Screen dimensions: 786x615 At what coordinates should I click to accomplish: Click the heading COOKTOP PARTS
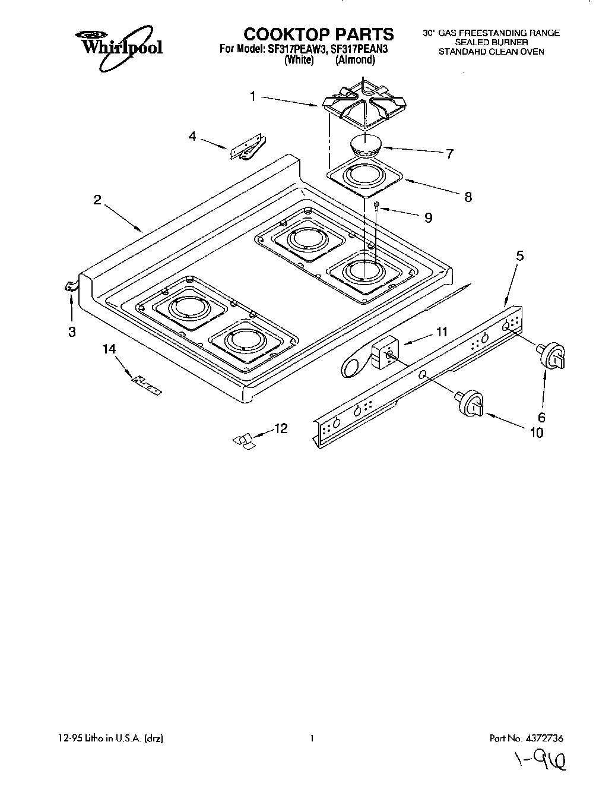318,34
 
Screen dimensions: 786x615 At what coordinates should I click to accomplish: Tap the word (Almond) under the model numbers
355,59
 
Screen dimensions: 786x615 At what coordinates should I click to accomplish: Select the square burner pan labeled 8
364,178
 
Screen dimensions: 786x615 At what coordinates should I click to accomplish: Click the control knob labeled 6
551,356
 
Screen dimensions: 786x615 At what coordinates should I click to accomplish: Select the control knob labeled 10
470,403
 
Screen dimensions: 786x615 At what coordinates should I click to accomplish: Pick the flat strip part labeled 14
145,384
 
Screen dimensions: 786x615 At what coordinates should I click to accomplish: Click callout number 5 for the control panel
520,257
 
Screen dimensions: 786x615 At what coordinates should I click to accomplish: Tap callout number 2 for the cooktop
97,200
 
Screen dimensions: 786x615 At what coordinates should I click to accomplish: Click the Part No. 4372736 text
526,738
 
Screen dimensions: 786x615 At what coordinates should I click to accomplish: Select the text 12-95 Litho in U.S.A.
107,738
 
